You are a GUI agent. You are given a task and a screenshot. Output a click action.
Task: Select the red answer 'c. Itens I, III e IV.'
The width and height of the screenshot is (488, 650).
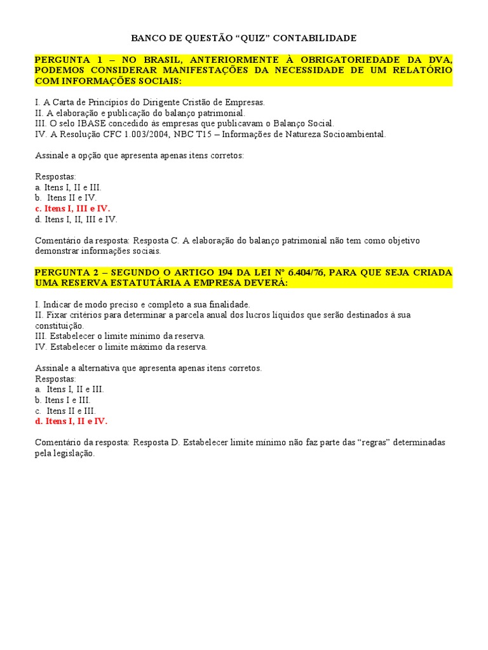(x=72, y=208)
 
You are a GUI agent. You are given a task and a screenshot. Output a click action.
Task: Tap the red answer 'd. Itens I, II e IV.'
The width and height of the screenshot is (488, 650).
(x=71, y=421)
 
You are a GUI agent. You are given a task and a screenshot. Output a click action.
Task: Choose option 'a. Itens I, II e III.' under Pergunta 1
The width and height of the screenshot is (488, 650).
(x=68, y=187)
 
